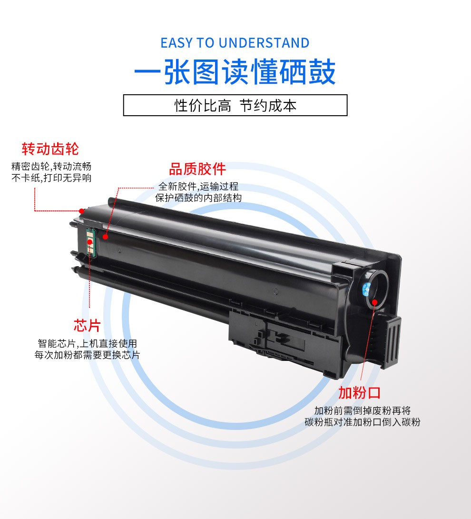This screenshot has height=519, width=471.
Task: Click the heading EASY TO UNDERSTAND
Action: (x=235, y=43)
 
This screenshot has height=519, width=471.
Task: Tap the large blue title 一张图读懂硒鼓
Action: (x=235, y=72)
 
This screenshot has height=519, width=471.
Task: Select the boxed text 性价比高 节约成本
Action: (x=235, y=106)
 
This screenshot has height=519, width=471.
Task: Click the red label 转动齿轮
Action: (x=50, y=149)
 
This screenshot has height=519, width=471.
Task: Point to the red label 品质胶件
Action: (x=197, y=169)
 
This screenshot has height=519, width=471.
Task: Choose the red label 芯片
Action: (x=87, y=326)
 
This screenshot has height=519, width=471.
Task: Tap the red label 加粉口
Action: (x=359, y=393)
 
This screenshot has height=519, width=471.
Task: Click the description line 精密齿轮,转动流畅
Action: (x=51, y=166)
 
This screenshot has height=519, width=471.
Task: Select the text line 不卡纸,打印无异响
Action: (x=51, y=178)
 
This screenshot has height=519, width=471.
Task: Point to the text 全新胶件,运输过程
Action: (x=198, y=186)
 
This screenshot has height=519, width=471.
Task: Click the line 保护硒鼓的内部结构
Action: (x=198, y=198)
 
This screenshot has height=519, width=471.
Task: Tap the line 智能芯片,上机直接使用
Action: (x=87, y=343)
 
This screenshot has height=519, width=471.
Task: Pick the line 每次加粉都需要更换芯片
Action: (x=87, y=355)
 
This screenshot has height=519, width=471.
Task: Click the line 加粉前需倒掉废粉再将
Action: (x=362, y=410)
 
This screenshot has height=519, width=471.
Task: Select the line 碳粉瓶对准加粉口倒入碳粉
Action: (x=362, y=422)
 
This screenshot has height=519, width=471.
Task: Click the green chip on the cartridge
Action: (x=90, y=242)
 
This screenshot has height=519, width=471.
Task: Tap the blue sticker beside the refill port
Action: (x=366, y=289)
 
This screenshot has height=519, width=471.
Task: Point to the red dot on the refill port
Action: (x=374, y=302)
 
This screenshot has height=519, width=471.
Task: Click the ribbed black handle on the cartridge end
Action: (x=390, y=341)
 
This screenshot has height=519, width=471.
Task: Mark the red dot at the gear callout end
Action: (x=81, y=211)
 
